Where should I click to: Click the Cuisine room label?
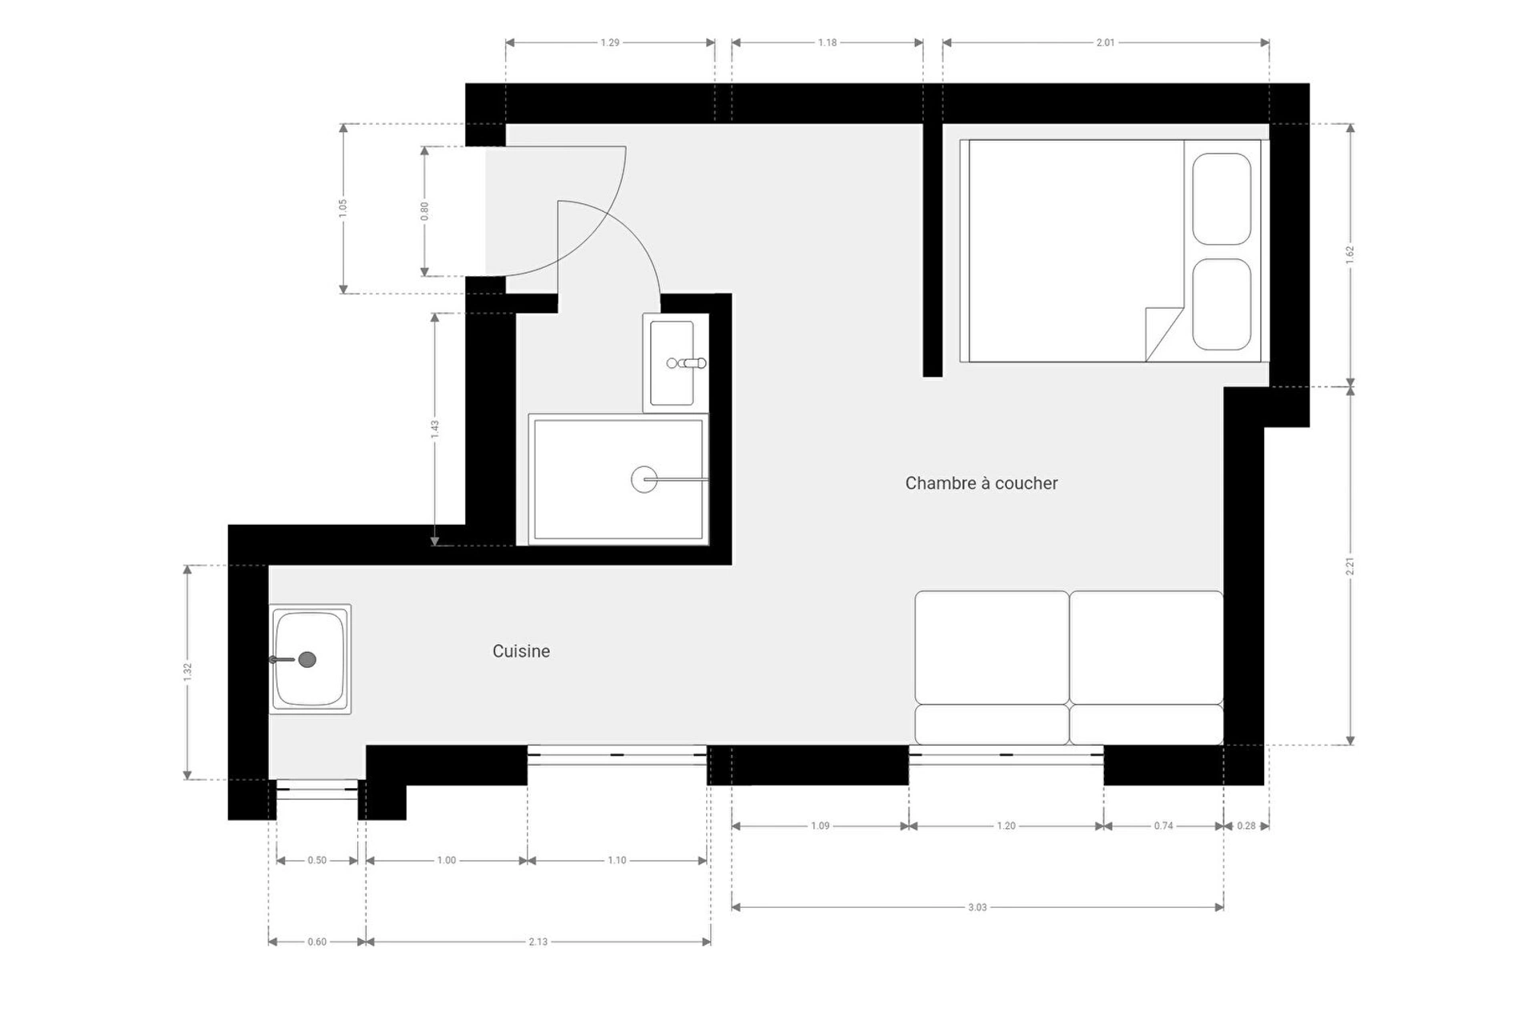521,651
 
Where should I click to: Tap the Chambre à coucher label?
981,483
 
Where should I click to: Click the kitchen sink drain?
307,660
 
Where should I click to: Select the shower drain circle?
644,479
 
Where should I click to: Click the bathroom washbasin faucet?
687,363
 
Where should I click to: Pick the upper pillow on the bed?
1222,198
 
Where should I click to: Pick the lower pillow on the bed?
1222,304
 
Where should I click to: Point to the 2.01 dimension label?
1106,42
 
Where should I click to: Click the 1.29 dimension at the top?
610,42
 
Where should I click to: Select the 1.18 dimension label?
828,42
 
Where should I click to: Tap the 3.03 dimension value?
977,907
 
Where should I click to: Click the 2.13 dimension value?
538,942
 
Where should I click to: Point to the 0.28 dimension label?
1246,826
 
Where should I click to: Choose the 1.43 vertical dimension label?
435,429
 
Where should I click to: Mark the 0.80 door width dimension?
424,211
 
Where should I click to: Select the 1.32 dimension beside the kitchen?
187,672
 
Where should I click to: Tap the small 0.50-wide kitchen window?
317,790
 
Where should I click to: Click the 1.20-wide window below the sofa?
1006,754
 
